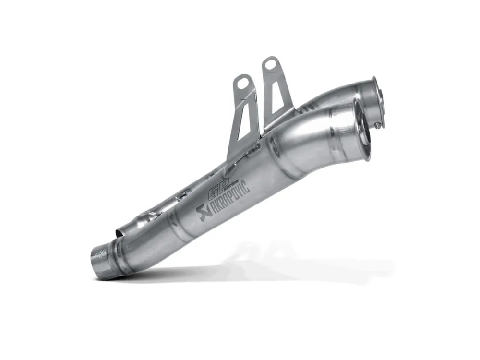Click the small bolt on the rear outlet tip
(x=379, y=125)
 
